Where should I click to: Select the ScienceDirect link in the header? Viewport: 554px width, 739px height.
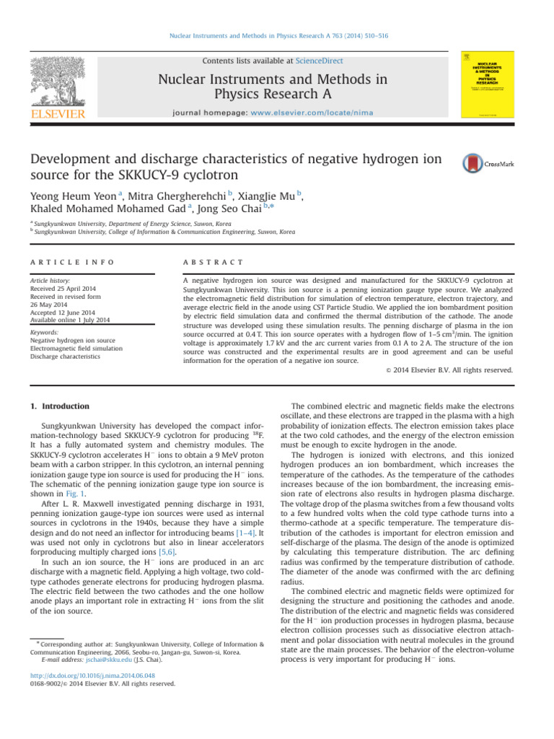[x=323, y=61]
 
